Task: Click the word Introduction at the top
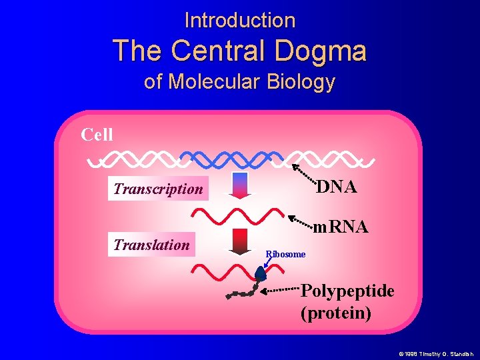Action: pyautogui.click(x=239, y=20)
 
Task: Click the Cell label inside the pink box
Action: pyautogui.click(x=97, y=135)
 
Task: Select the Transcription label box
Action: pyautogui.click(x=158, y=189)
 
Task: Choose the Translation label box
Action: pyautogui.click(x=151, y=245)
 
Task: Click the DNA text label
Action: pyautogui.click(x=336, y=187)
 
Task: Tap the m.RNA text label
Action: pyautogui.click(x=341, y=227)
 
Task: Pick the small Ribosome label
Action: pyautogui.click(x=285, y=254)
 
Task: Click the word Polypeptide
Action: pyautogui.click(x=347, y=291)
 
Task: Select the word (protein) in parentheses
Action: pyautogui.click(x=336, y=313)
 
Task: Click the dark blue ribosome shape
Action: pyautogui.click(x=261, y=273)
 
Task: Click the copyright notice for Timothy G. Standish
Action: pyautogui.click(x=435, y=353)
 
